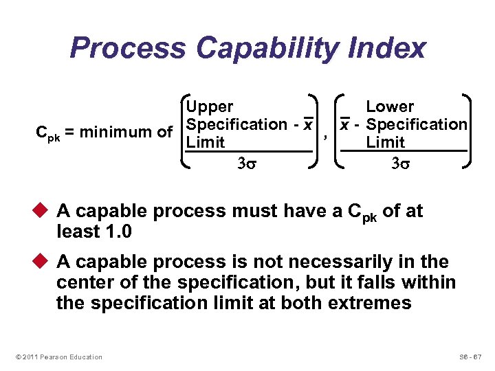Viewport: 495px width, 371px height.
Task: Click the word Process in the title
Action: click(128, 49)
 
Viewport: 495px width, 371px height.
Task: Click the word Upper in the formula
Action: click(210, 107)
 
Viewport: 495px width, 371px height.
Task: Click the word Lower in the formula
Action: click(390, 107)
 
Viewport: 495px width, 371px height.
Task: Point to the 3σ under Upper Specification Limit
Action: click(246, 164)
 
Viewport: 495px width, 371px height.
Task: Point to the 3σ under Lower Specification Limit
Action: click(400, 164)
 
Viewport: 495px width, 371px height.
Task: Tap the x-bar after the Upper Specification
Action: click(309, 125)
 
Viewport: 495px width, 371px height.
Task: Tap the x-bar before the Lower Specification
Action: click(346, 125)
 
